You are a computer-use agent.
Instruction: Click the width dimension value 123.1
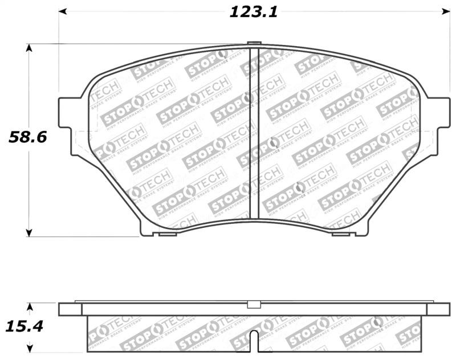click(253, 12)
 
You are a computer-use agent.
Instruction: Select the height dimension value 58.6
click(27, 137)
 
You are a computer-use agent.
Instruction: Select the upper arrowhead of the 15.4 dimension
click(32, 306)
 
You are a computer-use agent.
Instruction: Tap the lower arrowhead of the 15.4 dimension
click(32, 347)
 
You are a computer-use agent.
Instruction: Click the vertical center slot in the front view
click(254, 134)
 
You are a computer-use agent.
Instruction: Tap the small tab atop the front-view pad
click(254, 43)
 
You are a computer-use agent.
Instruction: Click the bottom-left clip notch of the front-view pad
click(168, 234)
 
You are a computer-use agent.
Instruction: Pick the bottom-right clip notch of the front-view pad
click(340, 234)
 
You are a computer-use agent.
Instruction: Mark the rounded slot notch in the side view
click(255, 342)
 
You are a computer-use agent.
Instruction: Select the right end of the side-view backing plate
click(438, 309)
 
